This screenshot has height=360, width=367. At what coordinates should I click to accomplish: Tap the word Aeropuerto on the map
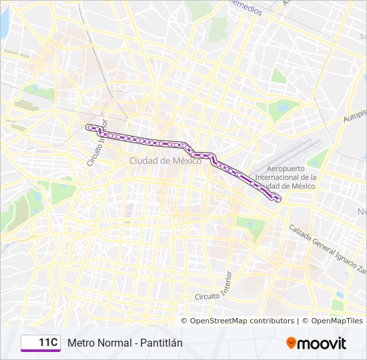click(x=288, y=169)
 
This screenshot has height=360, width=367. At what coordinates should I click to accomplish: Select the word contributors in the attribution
click(x=271, y=321)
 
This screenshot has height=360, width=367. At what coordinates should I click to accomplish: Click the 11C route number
click(x=47, y=343)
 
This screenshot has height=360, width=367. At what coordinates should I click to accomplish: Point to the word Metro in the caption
click(x=79, y=343)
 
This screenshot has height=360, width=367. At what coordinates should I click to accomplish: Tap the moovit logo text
click(x=322, y=343)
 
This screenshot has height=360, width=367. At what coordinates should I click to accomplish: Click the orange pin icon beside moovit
click(x=291, y=343)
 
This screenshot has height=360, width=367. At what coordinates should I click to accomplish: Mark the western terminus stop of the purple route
click(x=88, y=127)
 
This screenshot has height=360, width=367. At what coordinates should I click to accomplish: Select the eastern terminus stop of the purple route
click(x=278, y=199)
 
